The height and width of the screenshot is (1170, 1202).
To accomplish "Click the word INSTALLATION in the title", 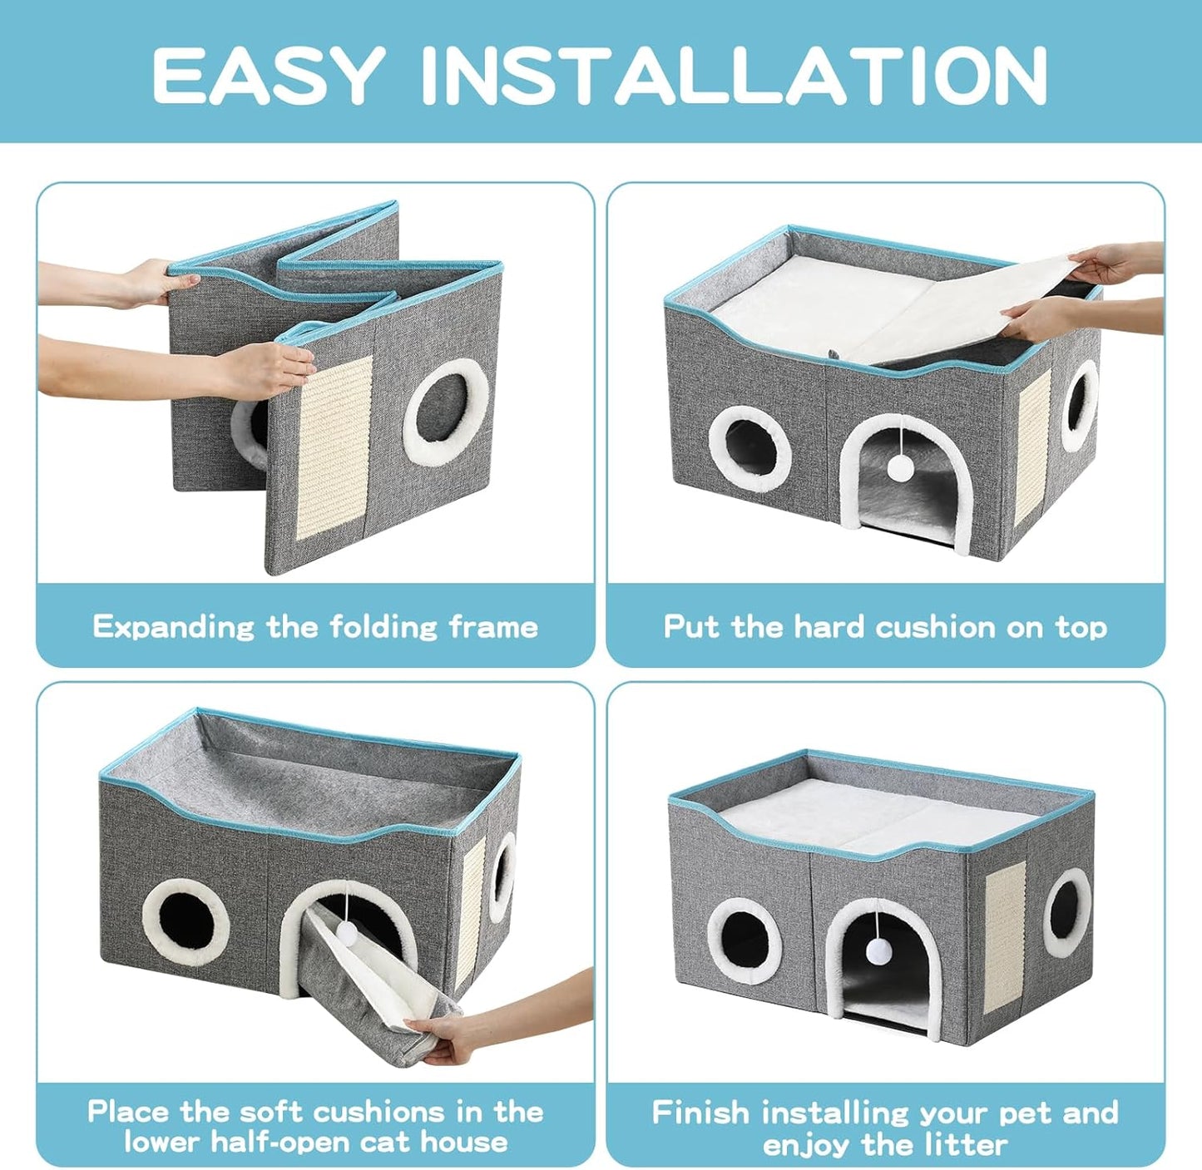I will (734, 75).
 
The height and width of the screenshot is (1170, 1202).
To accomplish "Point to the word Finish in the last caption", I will (700, 1112).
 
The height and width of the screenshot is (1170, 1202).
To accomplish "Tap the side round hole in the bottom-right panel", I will (1066, 912).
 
